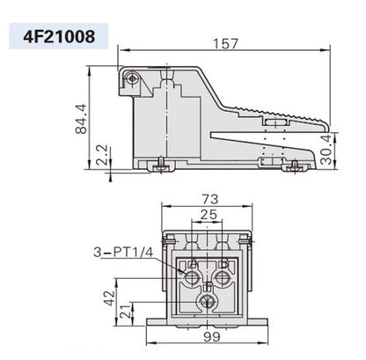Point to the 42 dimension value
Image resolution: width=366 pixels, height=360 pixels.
tap(108, 298)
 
